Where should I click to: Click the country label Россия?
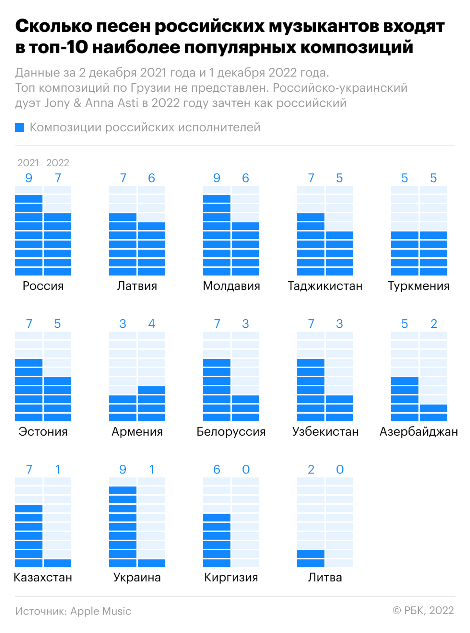click(43, 286)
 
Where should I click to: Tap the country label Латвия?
click(137, 286)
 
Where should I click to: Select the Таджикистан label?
click(325, 286)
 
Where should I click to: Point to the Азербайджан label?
click(419, 431)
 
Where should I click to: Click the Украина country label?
click(137, 577)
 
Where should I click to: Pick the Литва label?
click(325, 577)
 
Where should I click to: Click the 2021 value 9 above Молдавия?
click(217, 178)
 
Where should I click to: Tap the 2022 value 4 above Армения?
click(152, 324)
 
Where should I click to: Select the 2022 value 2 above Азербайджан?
click(434, 324)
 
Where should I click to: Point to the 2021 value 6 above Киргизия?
click(217, 469)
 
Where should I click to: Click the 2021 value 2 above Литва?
click(311, 469)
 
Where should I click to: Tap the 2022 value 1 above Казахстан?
click(58, 469)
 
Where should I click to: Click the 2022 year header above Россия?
click(58, 163)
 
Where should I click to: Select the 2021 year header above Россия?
click(28, 163)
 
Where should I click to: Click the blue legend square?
click(20, 127)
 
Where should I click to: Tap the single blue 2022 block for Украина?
click(152, 563)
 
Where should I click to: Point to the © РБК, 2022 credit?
click(423, 611)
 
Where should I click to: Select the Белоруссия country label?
click(231, 431)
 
